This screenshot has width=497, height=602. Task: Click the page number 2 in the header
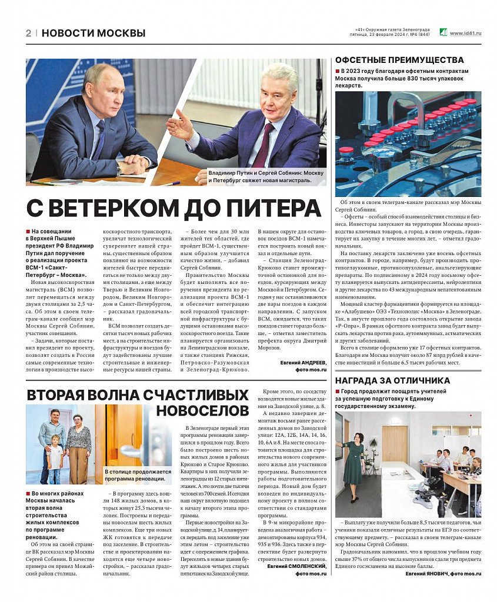pyautogui.click(x=28, y=34)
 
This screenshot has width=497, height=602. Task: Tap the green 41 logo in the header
pyautogui.click(x=443, y=33)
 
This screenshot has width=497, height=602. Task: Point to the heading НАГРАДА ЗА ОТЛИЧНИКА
pyautogui.click(x=392, y=380)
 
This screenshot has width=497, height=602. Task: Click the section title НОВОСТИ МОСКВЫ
pyautogui.click(x=94, y=34)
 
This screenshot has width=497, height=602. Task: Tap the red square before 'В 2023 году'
pyautogui.click(x=338, y=71)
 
